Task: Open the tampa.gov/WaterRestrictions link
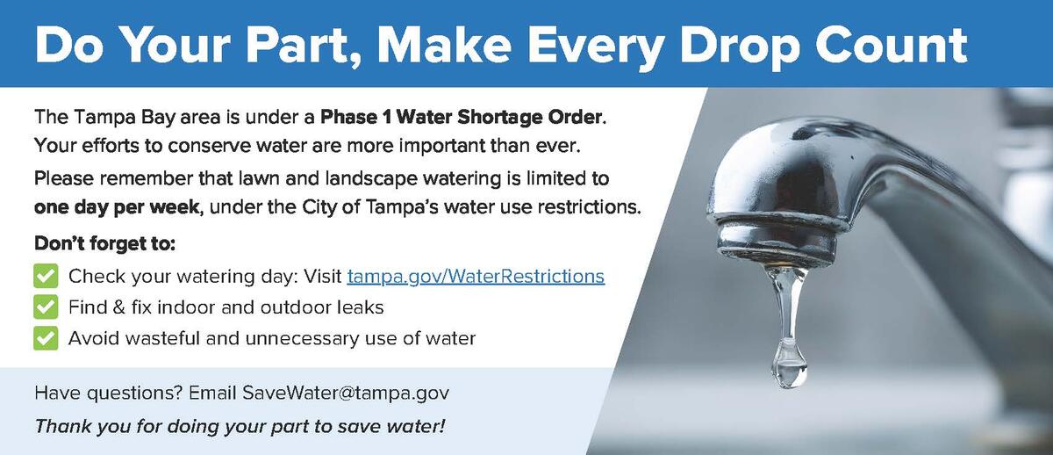(x=476, y=277)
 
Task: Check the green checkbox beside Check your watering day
(x=46, y=277)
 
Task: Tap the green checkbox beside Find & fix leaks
(x=46, y=307)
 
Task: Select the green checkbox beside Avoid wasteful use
(x=46, y=337)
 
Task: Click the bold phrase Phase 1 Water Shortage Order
(x=462, y=117)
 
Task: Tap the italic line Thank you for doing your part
(x=240, y=428)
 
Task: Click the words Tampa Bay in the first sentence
(x=124, y=117)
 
